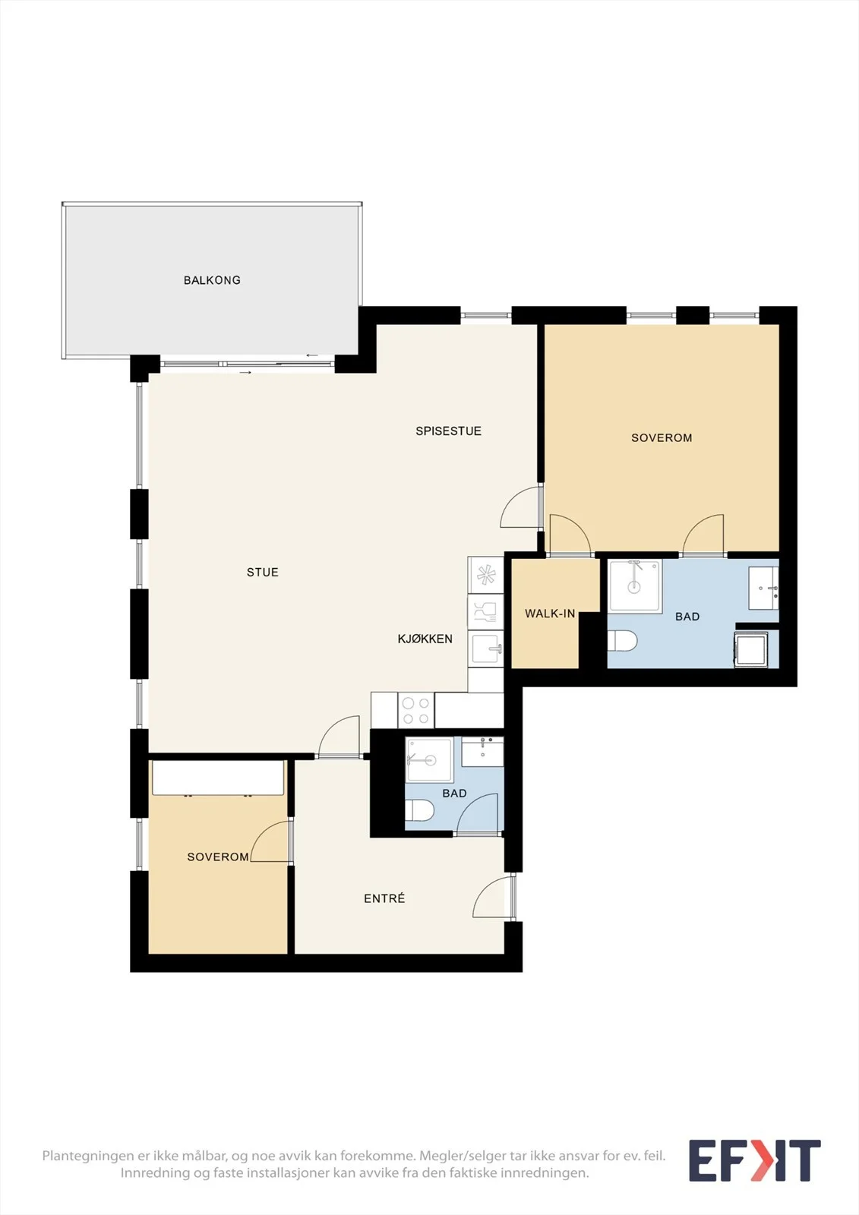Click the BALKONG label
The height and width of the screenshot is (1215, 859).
(x=212, y=280)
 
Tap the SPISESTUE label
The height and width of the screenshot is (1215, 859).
(x=448, y=431)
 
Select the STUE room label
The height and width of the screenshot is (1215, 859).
(x=263, y=573)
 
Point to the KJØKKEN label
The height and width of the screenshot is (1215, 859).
(x=425, y=639)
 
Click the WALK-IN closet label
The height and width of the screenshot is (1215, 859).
(x=550, y=614)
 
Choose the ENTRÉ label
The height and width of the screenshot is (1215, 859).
(x=384, y=899)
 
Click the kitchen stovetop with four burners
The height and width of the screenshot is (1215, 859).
(x=416, y=711)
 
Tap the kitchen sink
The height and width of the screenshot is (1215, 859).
(x=486, y=649)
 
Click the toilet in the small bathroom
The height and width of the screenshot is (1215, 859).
(x=419, y=812)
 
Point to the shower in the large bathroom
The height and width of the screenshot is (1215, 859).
(x=635, y=585)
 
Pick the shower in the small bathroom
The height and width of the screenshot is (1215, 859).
(x=429, y=759)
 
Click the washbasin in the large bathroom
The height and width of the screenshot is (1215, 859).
(x=763, y=588)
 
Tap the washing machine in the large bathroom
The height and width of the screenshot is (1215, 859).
(x=751, y=649)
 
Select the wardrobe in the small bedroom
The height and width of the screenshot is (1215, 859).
(x=218, y=778)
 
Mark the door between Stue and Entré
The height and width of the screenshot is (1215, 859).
(x=339, y=736)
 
